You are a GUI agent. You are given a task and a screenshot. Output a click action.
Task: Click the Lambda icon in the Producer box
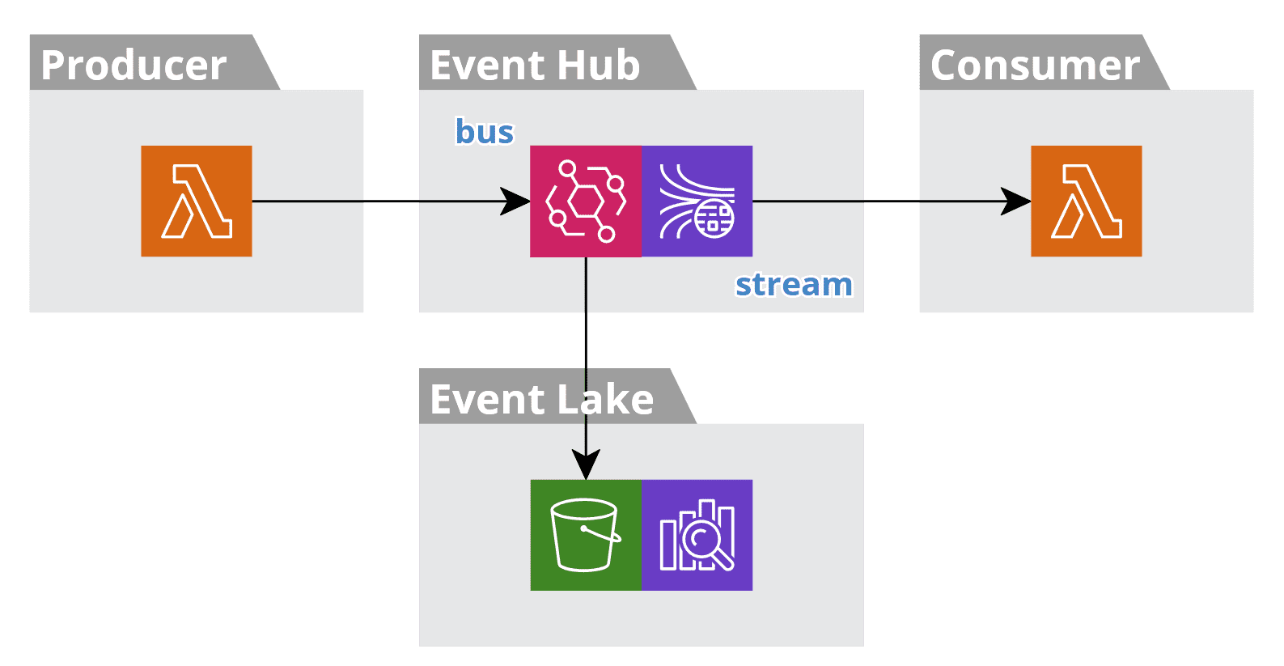197,201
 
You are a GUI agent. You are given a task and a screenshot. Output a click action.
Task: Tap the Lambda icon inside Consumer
1086,201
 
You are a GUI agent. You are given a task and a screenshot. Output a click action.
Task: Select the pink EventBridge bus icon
586,201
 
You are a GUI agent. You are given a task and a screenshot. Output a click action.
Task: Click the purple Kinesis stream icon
697,201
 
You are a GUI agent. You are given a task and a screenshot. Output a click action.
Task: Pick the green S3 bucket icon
586,535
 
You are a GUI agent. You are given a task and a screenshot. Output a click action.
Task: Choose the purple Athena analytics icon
697,535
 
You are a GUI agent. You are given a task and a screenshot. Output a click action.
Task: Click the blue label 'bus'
484,132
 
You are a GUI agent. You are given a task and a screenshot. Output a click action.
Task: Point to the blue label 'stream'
794,285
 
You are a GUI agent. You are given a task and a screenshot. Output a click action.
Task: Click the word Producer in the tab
133,66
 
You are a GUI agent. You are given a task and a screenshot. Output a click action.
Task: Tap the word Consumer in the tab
1035,66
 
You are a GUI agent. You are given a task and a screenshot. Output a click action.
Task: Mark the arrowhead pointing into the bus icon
516,201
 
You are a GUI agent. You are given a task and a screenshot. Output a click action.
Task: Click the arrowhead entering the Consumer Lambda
1016,201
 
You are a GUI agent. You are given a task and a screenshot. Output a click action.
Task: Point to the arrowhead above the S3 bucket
586,465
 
